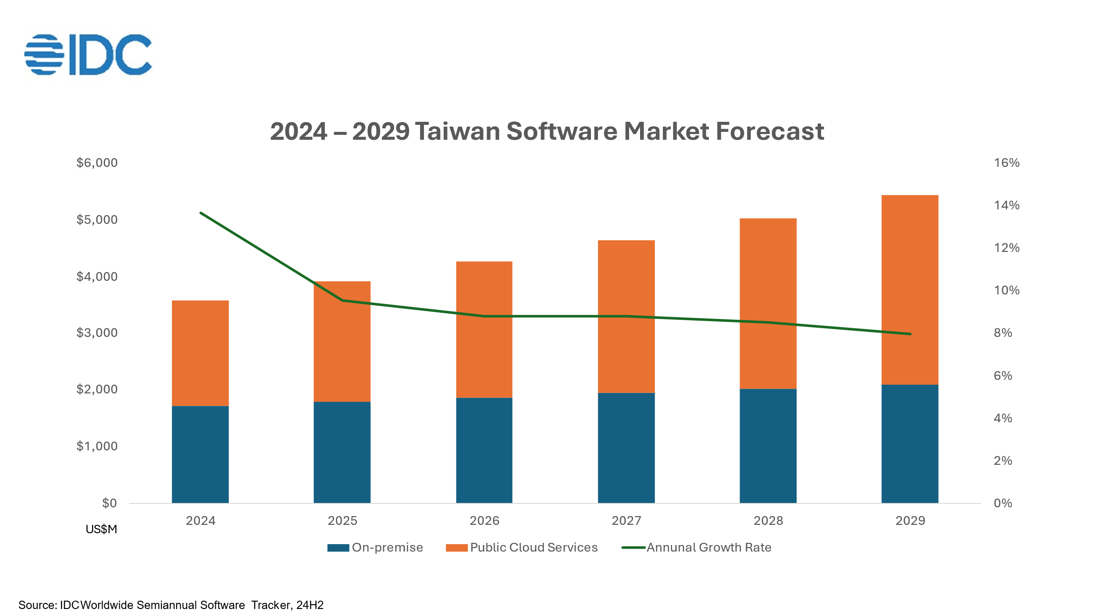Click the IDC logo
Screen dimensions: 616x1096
coord(88,55)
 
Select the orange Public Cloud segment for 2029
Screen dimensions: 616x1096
coord(910,290)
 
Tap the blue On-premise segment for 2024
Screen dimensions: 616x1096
coord(200,454)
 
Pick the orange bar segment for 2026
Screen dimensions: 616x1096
coord(484,329)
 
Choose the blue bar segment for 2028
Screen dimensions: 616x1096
coord(768,446)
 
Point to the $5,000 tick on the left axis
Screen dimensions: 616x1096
coord(97,219)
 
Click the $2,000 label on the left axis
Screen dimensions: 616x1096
coord(97,389)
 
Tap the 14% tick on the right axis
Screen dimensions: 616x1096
coord(1007,205)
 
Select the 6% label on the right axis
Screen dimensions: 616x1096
coord(1003,375)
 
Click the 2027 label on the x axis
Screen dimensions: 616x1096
coord(626,520)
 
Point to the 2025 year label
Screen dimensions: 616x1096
coord(342,520)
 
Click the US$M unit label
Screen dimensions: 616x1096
coord(101,529)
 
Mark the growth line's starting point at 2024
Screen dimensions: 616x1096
coord(201,213)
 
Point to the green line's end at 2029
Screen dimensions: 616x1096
coord(910,334)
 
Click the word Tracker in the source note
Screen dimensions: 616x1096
coord(270,605)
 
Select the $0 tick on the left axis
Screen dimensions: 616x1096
coord(109,503)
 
